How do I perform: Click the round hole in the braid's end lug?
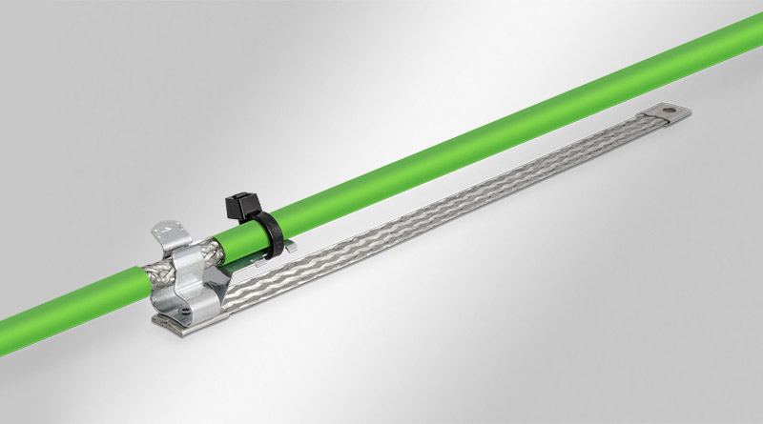[x=678, y=112]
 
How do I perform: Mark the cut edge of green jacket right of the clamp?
[x=220, y=244]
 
